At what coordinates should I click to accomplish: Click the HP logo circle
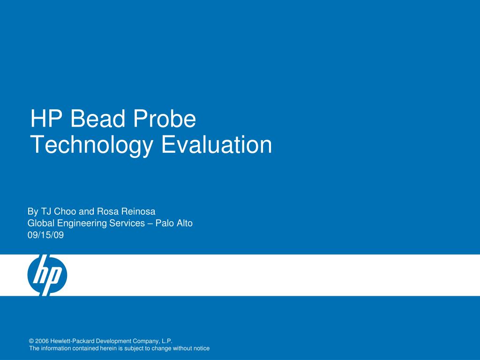point(47,275)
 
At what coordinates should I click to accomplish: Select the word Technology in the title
point(91,145)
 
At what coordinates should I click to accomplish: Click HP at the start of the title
point(46,119)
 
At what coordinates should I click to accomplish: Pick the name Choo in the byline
point(66,211)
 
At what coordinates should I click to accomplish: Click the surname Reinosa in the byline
point(139,211)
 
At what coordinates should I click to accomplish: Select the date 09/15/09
point(45,235)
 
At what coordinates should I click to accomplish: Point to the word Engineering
point(81,224)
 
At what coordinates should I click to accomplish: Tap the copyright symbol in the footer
point(31,342)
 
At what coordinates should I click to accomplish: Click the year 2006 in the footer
point(42,342)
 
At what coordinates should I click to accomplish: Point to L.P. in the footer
point(167,342)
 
